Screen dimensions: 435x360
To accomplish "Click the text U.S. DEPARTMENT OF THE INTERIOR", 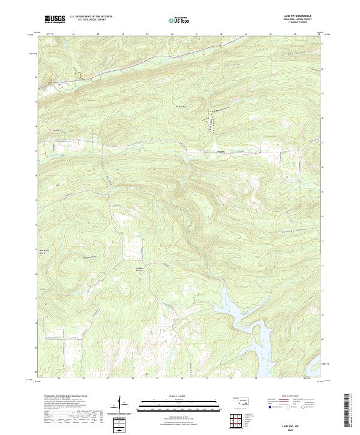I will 91,17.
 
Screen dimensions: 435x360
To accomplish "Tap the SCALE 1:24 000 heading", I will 179,397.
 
